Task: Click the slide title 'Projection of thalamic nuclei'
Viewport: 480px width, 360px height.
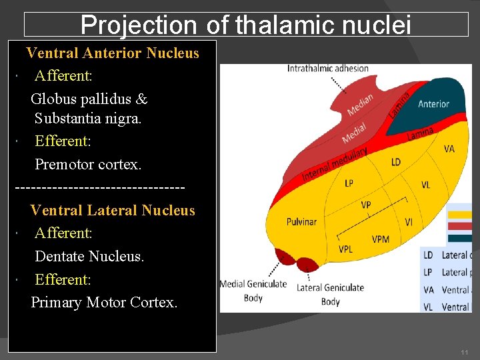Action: [246, 25]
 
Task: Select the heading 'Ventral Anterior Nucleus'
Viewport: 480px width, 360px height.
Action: [113, 53]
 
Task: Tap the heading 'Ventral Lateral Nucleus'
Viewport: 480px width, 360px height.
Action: [113, 210]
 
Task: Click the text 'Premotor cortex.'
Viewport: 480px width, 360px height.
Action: [88, 164]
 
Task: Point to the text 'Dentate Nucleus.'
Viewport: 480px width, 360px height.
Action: [89, 256]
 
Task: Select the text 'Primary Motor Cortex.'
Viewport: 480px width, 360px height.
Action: [105, 302]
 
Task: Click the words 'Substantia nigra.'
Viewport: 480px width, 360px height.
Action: [88, 119]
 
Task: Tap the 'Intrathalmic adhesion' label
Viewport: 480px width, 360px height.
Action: [327, 68]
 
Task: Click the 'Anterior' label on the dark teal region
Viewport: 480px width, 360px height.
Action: [433, 104]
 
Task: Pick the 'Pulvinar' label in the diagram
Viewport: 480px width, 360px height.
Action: [301, 221]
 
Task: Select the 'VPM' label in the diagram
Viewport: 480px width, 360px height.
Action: [381, 239]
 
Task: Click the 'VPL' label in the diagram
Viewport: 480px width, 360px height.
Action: [345, 249]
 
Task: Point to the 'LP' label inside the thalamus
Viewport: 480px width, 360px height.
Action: [349, 183]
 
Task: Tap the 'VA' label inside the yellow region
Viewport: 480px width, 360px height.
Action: [449, 149]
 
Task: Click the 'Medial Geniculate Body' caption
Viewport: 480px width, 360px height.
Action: [253, 291]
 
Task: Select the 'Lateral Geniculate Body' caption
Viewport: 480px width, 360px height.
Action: [330, 293]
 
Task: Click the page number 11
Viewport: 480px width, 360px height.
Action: [464, 351]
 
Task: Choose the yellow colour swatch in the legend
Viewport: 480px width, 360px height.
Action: [459, 215]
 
